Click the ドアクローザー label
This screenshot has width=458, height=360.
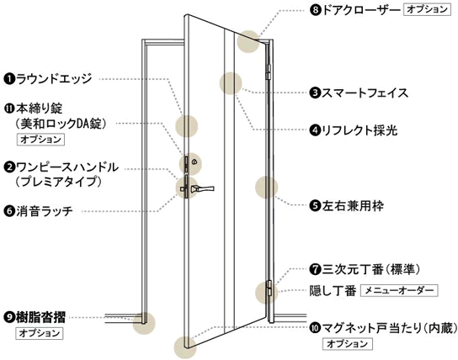[360, 10]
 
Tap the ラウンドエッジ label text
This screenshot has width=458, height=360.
[54, 79]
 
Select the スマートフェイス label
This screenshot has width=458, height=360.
[365, 93]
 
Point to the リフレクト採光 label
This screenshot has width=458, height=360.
[359, 130]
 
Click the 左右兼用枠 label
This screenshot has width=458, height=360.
[353, 206]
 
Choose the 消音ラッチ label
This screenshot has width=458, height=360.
[45, 210]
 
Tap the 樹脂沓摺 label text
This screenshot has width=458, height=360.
[40, 317]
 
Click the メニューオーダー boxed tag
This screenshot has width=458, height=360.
[399, 290]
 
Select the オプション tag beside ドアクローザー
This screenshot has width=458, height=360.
[427, 9]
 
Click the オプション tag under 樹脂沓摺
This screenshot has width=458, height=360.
[40, 333]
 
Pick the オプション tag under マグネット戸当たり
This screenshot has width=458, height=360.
[348, 344]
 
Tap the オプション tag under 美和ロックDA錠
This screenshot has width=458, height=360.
[40, 139]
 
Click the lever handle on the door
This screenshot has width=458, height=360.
[202, 188]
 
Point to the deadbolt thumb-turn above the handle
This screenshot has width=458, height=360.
[194, 161]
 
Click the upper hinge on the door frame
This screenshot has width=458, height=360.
[269, 71]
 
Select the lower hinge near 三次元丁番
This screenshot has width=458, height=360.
[269, 289]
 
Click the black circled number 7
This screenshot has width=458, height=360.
[315, 269]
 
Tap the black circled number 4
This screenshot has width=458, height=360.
[315, 130]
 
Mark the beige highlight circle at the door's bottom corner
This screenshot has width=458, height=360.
[185, 347]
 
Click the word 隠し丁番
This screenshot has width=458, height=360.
[333, 290]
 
